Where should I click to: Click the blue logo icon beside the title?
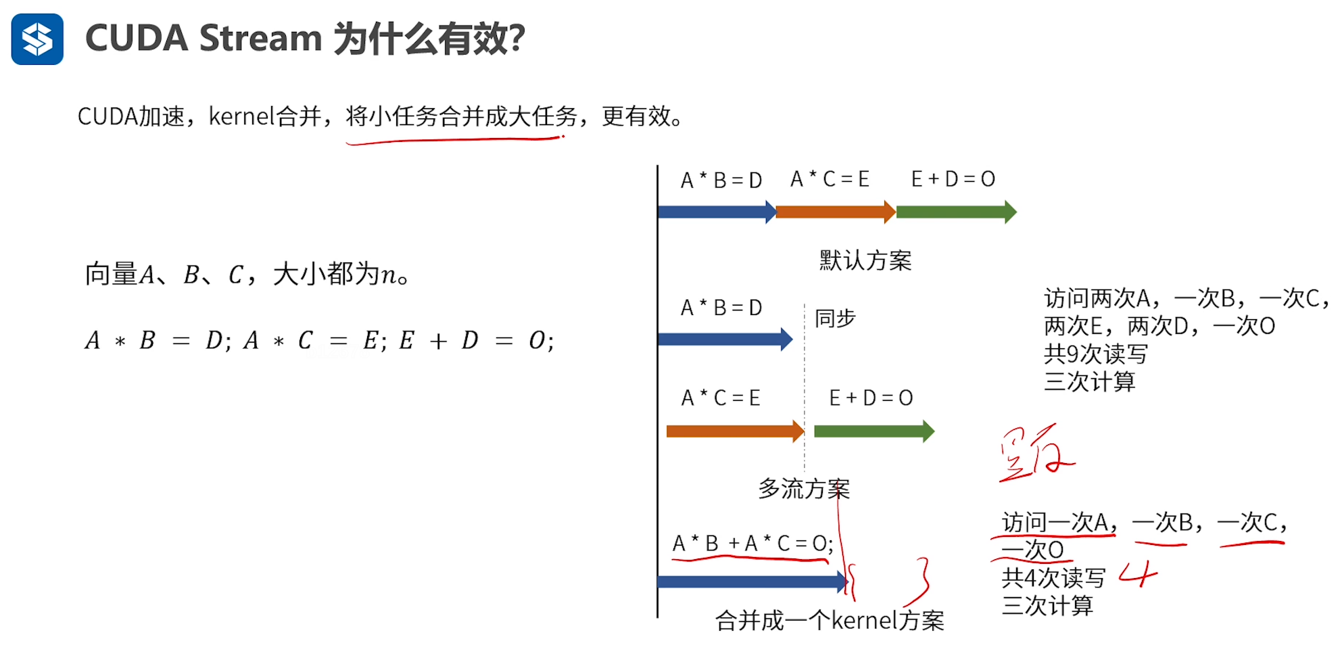(x=37, y=39)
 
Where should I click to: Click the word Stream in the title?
(x=260, y=38)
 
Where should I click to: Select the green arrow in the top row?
(x=955, y=212)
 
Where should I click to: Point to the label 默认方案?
(x=865, y=260)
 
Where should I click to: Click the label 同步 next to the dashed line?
(x=835, y=318)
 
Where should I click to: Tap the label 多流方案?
(x=803, y=488)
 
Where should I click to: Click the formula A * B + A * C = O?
(x=752, y=543)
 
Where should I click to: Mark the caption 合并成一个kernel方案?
(x=830, y=620)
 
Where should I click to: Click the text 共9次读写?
(x=1095, y=354)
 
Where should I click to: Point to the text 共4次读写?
(x=1053, y=578)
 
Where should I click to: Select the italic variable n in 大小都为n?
(x=388, y=274)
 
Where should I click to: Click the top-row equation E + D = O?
(x=953, y=179)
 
